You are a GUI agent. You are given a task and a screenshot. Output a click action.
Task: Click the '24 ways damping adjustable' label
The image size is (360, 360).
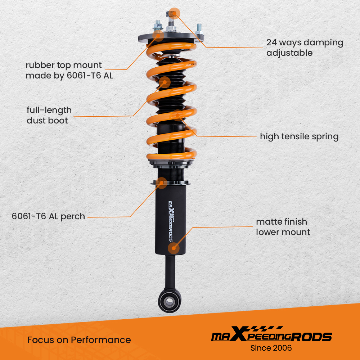(x=305, y=48)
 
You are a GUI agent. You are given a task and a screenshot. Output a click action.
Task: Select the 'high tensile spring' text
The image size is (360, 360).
(x=299, y=136)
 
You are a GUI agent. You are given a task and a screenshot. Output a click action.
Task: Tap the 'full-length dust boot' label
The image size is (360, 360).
(x=49, y=115)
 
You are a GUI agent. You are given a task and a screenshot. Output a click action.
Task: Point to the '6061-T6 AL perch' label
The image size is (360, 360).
(x=48, y=216)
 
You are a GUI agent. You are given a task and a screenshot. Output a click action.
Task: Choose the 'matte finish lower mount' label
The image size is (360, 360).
(x=283, y=227)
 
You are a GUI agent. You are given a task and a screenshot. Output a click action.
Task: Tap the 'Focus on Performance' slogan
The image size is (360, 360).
(x=79, y=340)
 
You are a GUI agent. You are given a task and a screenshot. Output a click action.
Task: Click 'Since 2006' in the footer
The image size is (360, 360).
(x=271, y=348)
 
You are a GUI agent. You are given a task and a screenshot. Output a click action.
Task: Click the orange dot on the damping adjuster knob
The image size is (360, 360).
(x=174, y=13)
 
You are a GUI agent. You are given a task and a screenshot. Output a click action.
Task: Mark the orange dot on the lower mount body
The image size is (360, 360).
(x=174, y=248)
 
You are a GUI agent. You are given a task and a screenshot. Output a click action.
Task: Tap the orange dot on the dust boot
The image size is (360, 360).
(x=165, y=82)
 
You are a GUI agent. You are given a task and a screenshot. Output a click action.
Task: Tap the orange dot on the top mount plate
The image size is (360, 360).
(x=158, y=35)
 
